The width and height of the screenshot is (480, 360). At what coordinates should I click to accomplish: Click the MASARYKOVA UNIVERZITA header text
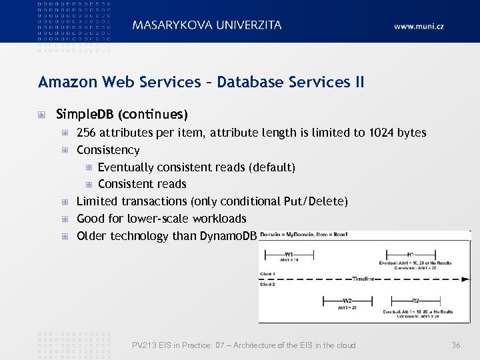point(207,25)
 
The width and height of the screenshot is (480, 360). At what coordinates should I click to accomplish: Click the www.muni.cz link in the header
point(419,26)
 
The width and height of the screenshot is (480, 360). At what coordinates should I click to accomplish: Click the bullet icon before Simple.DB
point(42,114)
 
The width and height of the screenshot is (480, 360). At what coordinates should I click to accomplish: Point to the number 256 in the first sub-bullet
point(87,133)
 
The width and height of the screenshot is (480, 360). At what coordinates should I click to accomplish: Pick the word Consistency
point(108,150)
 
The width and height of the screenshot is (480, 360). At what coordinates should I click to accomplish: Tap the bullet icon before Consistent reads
point(88,184)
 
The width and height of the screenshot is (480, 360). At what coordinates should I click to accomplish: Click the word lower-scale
point(158,219)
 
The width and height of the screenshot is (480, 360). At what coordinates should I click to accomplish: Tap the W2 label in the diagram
point(347,300)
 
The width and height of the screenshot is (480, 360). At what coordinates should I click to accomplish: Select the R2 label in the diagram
point(415,300)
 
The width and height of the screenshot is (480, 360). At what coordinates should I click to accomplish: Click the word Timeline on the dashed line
point(363,278)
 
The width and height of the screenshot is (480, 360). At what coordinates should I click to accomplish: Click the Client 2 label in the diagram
point(268,285)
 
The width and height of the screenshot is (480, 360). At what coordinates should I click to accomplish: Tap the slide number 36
point(456,345)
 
